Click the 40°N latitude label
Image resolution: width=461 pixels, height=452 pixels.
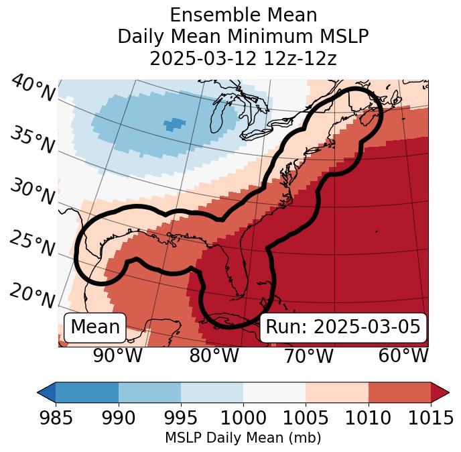(33, 89)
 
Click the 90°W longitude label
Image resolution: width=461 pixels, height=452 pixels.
(118, 355)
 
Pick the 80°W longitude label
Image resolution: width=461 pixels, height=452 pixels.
(214, 355)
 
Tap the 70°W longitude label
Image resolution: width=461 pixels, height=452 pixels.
(308, 355)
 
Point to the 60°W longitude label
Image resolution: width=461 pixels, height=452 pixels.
(403, 355)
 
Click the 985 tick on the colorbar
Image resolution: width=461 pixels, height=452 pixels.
(56, 418)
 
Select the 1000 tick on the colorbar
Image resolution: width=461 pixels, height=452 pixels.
(243, 418)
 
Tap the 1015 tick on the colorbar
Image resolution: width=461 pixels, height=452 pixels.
(431, 418)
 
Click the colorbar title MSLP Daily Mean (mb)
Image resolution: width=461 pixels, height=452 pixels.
(243, 438)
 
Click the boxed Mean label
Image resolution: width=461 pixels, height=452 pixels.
(95, 327)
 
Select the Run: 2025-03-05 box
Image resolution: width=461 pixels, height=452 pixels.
(343, 327)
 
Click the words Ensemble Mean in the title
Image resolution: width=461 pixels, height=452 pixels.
(243, 15)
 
